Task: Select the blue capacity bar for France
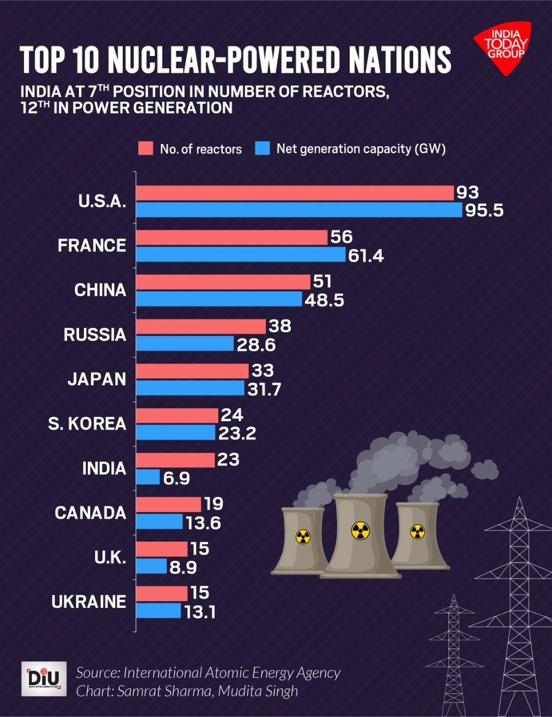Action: (241, 255)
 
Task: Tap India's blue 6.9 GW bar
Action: (148, 477)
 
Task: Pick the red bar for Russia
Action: (201, 327)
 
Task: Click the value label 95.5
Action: (484, 211)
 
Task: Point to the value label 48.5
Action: (324, 300)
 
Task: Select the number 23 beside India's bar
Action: (228, 460)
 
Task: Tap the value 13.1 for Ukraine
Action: (200, 612)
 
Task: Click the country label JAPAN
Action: (97, 379)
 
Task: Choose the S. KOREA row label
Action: (87, 423)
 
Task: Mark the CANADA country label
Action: (90, 513)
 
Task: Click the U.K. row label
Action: (110, 557)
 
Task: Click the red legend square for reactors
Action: (146, 148)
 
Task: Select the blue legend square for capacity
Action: (262, 148)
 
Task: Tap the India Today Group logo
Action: (503, 48)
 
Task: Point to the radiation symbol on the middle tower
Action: (360, 529)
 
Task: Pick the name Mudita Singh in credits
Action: (258, 691)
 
